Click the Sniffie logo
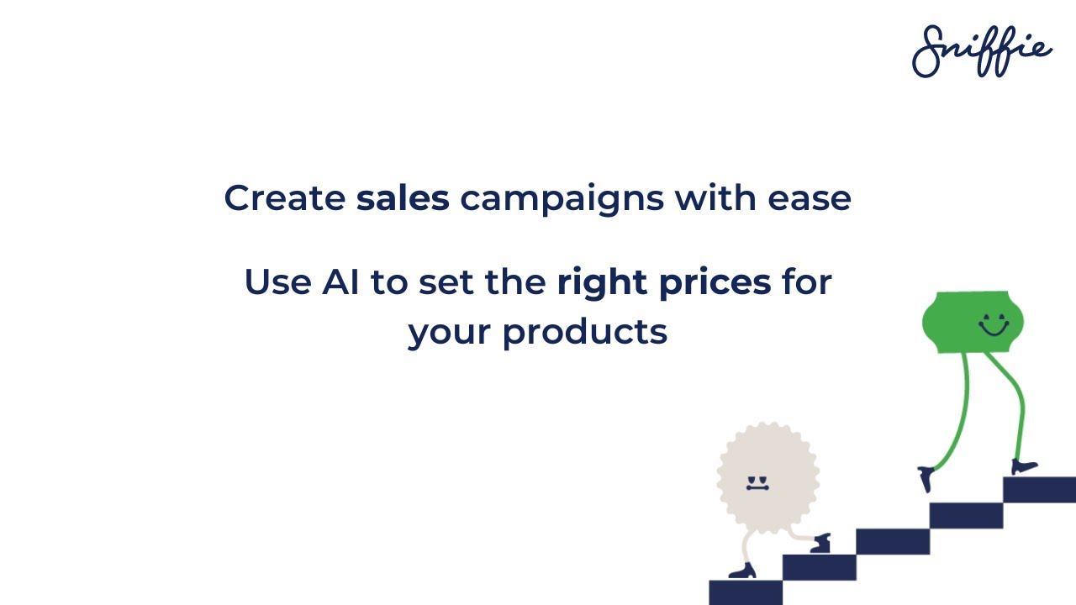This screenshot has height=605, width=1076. [x=981, y=51]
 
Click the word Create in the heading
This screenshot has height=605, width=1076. [x=284, y=198]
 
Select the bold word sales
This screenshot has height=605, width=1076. [x=403, y=198]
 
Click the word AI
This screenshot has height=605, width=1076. [x=340, y=282]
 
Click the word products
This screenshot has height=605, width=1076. [x=584, y=333]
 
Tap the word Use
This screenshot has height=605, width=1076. [x=277, y=282]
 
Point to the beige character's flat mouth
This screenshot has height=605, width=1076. [x=757, y=487]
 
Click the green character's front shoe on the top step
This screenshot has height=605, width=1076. [x=1024, y=466]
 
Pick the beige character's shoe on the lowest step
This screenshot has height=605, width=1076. [x=742, y=572]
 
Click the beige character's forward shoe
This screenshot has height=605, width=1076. [x=820, y=544]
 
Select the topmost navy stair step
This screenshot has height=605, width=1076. [x=1039, y=489]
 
